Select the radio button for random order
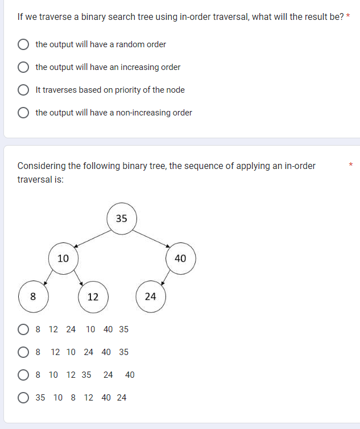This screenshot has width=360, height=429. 24,44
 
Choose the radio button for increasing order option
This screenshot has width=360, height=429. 24,67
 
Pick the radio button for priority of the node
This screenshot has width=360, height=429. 24,90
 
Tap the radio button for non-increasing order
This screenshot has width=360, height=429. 24,113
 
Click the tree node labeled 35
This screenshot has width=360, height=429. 121,218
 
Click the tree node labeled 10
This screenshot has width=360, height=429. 63,258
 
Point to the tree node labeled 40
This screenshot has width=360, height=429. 180,259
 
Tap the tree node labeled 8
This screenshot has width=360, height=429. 33,296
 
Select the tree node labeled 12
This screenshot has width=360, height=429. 93,297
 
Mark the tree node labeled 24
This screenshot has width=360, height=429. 150,296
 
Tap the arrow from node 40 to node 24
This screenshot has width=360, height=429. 165,278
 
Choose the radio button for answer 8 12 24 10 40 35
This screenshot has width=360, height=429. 24,329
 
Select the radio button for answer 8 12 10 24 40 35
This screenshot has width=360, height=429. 24,352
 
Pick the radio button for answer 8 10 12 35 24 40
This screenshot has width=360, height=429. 24,375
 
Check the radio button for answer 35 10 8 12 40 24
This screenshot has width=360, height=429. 24,398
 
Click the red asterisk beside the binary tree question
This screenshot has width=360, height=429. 351,166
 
